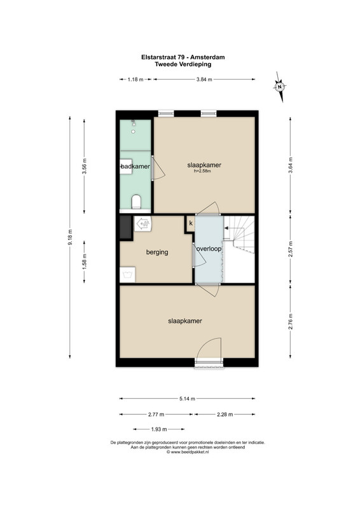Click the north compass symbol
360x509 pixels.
click(279, 87)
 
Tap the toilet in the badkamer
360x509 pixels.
click(136, 202)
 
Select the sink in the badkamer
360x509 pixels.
click(126, 167)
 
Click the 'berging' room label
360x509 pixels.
click(157, 252)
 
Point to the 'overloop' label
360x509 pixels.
click(209, 249)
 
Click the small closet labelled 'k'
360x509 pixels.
click(191, 223)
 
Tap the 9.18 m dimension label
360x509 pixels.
click(70, 237)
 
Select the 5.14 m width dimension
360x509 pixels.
click(187, 399)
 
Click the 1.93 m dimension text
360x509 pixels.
click(159, 429)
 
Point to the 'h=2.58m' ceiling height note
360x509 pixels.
click(202, 171)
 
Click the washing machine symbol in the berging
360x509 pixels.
click(127, 275)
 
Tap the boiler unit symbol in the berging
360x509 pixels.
click(143, 224)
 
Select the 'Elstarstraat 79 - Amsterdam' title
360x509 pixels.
click(183, 57)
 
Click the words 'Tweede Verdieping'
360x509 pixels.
click(183, 64)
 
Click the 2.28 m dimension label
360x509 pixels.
click(225, 414)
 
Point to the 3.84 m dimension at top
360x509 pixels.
click(204, 79)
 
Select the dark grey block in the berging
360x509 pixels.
click(125, 228)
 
